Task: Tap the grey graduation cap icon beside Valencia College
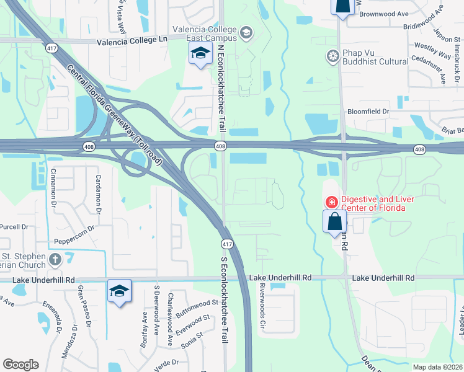tap(246, 32)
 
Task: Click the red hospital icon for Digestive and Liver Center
tap(331, 202)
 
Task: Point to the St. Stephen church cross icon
tap(55, 259)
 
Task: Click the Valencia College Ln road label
tap(132, 41)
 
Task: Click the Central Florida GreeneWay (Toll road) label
tap(115, 115)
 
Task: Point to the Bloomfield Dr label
tap(368, 112)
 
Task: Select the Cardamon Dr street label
tap(98, 194)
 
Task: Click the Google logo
tap(20, 365)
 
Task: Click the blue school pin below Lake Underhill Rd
tap(119, 292)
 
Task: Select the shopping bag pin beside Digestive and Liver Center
tap(334, 221)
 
